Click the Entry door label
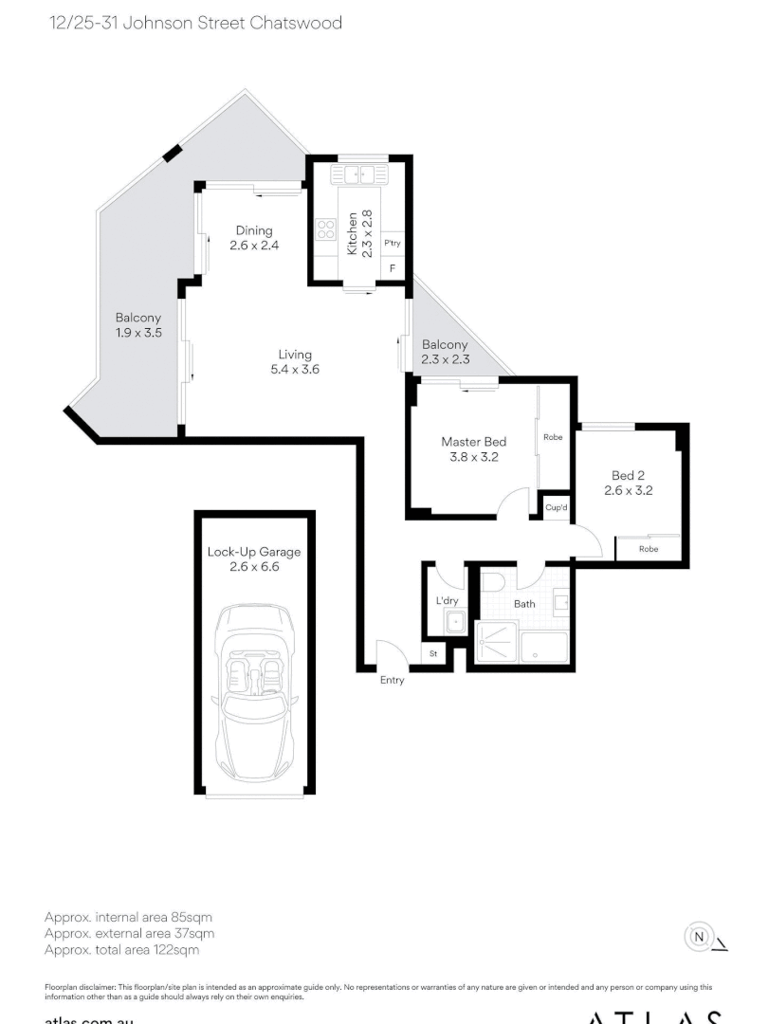tap(392, 680)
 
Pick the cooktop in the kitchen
tap(325, 229)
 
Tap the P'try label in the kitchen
tap(393, 244)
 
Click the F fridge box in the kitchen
tap(393, 269)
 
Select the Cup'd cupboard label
tap(557, 507)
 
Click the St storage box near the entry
tap(434, 654)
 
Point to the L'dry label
tap(447, 601)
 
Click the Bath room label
tap(524, 603)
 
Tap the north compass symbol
tap(699, 937)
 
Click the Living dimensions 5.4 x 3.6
tap(295, 370)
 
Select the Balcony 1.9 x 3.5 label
tap(138, 325)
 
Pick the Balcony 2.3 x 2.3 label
tap(445, 352)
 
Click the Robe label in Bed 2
tap(649, 549)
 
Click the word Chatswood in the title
tap(295, 23)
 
